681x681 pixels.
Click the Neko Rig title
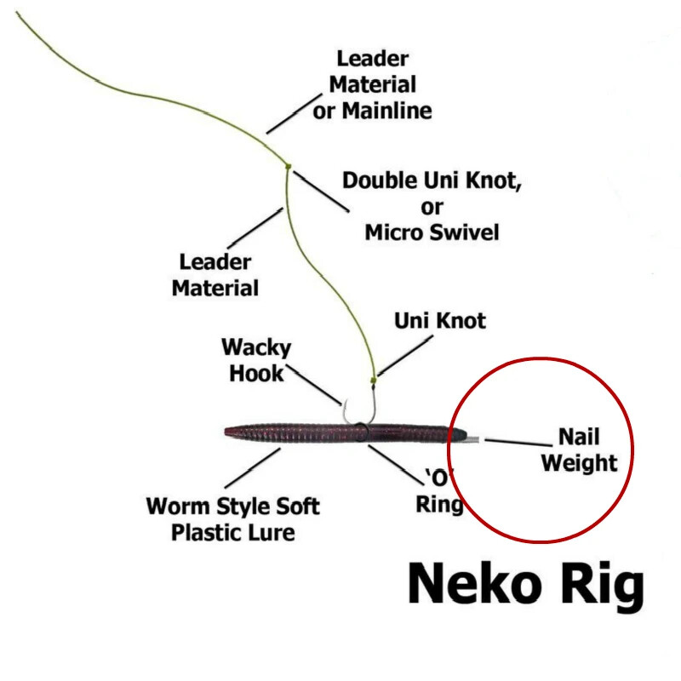(x=525, y=586)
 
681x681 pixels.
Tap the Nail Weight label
(x=579, y=450)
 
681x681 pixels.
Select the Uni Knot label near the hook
(x=440, y=321)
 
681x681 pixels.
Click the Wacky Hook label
(x=256, y=360)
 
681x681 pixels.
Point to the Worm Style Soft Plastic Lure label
(x=233, y=519)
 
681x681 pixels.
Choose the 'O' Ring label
(x=438, y=491)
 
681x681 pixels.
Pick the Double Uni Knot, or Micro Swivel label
(x=432, y=206)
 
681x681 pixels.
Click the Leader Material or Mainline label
(x=373, y=85)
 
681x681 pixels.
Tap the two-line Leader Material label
(x=215, y=274)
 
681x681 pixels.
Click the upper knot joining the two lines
(x=289, y=165)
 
